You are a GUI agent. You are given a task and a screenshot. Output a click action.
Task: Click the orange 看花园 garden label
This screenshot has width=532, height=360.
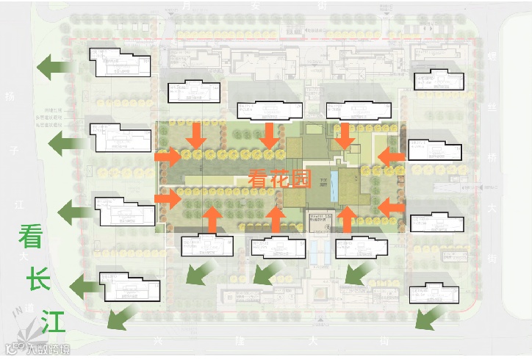point(281,179)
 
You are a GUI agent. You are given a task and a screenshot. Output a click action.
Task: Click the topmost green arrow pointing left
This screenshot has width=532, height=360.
point(54,66)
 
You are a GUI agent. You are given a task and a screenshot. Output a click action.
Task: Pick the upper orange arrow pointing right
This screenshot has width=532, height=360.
point(167,156)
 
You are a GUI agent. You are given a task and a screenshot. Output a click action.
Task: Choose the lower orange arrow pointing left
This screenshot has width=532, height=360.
point(392,207)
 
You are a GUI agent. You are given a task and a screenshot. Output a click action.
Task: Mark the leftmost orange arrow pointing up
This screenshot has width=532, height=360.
point(212,219)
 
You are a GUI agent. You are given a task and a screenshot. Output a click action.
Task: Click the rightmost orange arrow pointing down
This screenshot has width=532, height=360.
point(342,136)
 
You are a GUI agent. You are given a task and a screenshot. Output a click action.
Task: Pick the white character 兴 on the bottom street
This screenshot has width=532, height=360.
point(157,341)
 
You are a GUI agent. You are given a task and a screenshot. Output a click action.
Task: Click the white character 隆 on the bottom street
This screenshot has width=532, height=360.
point(234,341)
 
